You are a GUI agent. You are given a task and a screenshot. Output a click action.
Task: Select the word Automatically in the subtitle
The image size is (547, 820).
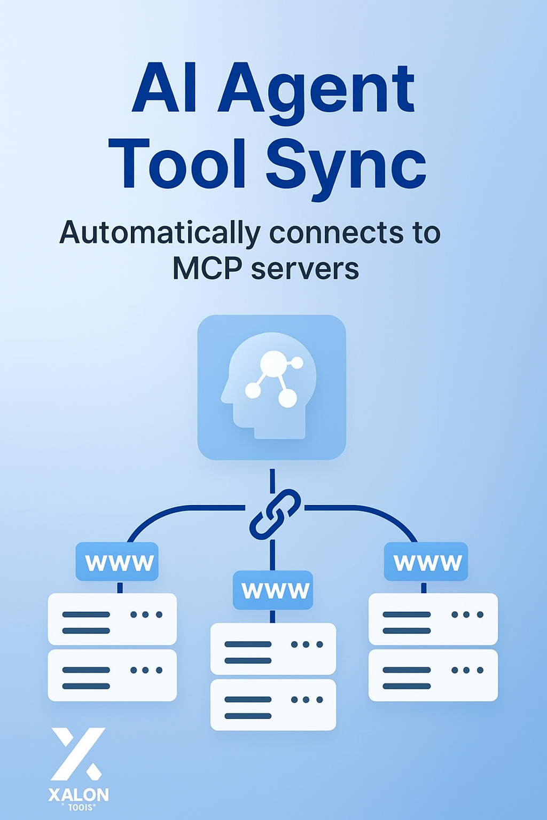(x=160, y=233)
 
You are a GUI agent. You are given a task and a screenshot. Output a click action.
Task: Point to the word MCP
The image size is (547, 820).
(x=207, y=269)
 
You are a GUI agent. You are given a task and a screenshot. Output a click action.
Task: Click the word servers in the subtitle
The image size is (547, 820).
(x=305, y=269)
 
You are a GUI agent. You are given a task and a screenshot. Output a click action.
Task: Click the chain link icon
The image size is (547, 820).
(x=275, y=514)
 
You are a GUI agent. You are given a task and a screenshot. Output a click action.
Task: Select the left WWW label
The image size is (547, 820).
(x=118, y=562)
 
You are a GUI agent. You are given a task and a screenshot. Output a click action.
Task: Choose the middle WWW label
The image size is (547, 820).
(x=273, y=590)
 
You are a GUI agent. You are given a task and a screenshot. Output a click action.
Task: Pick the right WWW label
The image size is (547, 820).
(x=426, y=562)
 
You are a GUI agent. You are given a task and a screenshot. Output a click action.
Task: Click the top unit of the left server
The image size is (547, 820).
(x=112, y=619)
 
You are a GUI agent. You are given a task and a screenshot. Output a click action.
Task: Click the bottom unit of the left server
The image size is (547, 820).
(x=112, y=675)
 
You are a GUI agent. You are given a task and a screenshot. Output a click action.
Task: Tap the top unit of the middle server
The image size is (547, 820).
(x=273, y=649)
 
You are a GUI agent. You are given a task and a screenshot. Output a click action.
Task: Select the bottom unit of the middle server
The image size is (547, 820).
(x=273, y=704)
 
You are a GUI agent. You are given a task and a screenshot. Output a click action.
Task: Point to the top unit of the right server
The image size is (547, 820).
(x=433, y=619)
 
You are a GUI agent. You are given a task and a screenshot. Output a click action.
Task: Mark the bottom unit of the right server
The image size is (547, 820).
(x=433, y=675)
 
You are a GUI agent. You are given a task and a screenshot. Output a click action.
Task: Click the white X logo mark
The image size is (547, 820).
(x=78, y=753)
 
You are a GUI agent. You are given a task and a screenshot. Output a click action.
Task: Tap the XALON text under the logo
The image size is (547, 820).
(x=79, y=794)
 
